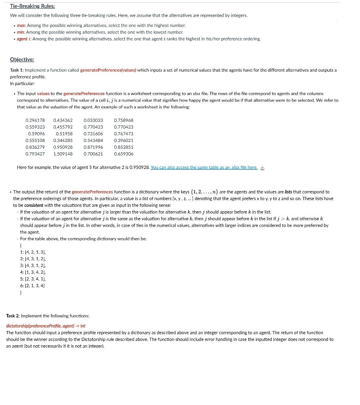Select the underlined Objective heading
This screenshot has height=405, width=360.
point(22,59)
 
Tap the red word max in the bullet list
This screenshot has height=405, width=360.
point(21,25)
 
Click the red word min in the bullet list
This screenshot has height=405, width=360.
point(21,32)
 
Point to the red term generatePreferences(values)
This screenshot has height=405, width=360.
point(108,70)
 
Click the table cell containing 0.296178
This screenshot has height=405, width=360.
point(35,120)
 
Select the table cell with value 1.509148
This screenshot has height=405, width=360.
point(63,154)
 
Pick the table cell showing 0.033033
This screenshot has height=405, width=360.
point(93,120)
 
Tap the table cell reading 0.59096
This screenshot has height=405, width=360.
point(36,134)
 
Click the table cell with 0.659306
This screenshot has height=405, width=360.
point(123,154)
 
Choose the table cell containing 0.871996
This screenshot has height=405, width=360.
point(93,147)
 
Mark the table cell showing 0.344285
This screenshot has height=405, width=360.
point(63,140)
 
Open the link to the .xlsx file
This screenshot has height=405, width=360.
point(204,167)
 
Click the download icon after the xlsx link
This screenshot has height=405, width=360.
point(262,167)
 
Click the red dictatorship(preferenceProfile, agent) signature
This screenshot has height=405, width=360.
point(45,326)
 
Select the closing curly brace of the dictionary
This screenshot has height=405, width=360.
point(21,292)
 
